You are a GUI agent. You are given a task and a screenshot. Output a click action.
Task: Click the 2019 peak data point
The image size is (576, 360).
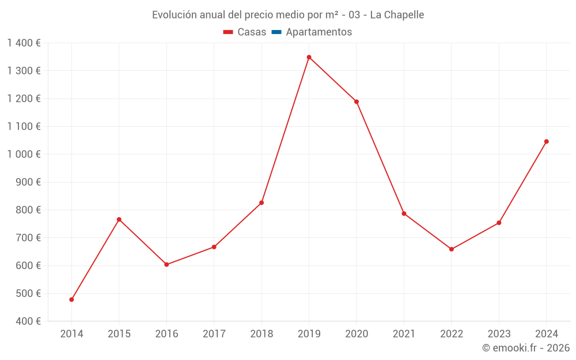pos(309,57)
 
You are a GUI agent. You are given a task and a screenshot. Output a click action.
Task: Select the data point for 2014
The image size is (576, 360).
pos(71,300)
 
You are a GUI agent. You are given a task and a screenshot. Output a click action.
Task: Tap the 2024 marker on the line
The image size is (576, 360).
pos(546,141)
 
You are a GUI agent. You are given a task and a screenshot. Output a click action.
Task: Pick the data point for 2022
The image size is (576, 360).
pos(451,249)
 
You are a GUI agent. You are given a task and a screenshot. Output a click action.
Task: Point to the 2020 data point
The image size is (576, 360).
pos(357,101)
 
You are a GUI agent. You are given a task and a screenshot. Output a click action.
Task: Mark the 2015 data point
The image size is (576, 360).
pos(119,219)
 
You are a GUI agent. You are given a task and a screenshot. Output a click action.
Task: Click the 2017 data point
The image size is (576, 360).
pos(214,247)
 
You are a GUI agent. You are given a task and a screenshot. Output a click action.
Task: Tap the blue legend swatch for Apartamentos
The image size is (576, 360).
pos(276,32)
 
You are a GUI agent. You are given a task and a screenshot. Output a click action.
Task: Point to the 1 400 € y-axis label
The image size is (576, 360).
pos(24,43)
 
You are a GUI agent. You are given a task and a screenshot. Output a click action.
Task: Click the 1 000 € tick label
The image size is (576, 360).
pos(24,154)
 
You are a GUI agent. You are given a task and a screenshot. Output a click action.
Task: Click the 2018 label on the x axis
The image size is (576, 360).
pos(262,334)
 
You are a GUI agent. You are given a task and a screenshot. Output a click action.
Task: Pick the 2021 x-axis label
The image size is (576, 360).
pos(404,334)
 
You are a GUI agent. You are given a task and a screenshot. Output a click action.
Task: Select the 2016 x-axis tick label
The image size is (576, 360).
pos(166,334)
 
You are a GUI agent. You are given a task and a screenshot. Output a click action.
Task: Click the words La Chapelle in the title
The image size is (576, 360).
pos(397,15)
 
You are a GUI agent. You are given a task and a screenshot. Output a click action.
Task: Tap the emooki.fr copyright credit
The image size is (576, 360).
pos(526,348)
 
